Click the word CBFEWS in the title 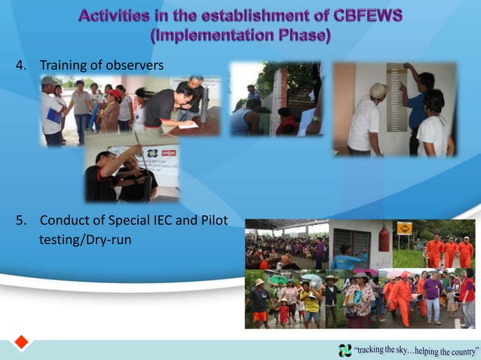(360, 15)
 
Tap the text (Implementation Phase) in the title (240, 35)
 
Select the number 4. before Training (22, 66)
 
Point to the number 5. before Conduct (22, 221)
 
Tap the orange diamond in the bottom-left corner (21, 342)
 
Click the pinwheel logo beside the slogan (345, 350)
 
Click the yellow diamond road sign (404, 228)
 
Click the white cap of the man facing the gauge (378, 90)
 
